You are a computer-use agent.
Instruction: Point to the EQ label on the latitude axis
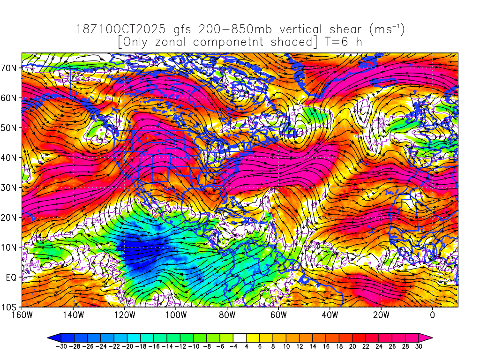coord(12,277)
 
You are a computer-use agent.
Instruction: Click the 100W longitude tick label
coord(176,315)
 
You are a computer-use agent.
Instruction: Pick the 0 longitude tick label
coord(432,315)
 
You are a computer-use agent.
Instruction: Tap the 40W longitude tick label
coord(330,315)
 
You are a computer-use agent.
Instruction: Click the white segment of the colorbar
coord(240,337)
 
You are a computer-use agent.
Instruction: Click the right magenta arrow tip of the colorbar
coord(429,337)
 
